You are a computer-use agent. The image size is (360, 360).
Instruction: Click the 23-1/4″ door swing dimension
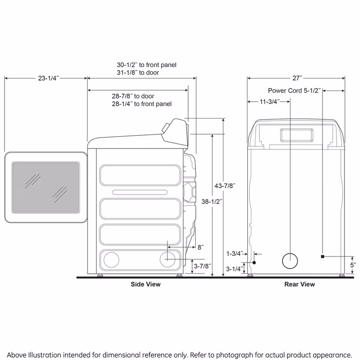coord(49,78)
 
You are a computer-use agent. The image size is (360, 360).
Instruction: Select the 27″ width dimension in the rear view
coord(297,78)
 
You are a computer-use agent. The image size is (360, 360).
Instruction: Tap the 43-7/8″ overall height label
coord(225,186)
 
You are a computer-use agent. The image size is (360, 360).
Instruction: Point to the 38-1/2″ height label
coord(212,201)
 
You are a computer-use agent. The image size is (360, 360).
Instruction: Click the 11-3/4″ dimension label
coord(270,102)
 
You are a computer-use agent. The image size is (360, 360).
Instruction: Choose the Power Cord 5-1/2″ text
coord(294,91)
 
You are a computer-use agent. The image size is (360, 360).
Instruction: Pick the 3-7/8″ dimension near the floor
coord(202,266)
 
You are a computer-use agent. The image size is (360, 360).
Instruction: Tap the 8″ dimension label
coord(201,247)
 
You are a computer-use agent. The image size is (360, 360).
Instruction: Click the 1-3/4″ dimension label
coord(235,253)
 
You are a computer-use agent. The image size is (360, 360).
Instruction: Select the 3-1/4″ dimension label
coord(235,269)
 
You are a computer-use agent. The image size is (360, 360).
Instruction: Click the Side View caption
coord(145,284)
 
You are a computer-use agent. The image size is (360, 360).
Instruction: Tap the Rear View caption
coord(300,284)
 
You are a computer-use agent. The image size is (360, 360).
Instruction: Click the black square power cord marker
coord(322,256)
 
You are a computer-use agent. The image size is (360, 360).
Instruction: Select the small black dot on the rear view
coord(254,262)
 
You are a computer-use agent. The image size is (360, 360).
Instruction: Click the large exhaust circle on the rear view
coord(290,261)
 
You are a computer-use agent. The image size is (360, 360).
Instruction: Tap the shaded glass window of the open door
coord(46,187)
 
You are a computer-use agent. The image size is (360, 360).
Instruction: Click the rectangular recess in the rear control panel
coord(297,135)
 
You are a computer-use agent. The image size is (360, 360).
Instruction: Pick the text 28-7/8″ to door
coord(133,96)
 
